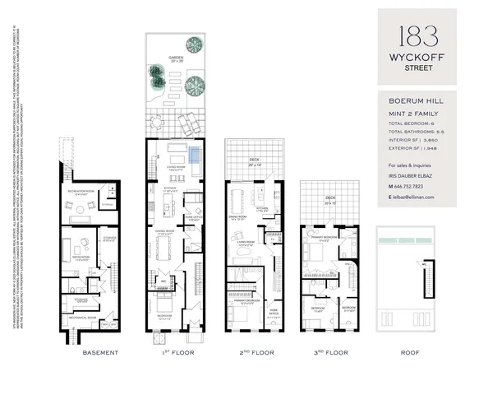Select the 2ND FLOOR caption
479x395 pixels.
(255, 352)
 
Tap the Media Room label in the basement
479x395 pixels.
(82, 257)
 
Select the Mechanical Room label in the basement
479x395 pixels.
(87, 317)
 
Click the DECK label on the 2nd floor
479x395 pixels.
(256, 161)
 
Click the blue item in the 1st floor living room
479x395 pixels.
(194, 154)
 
